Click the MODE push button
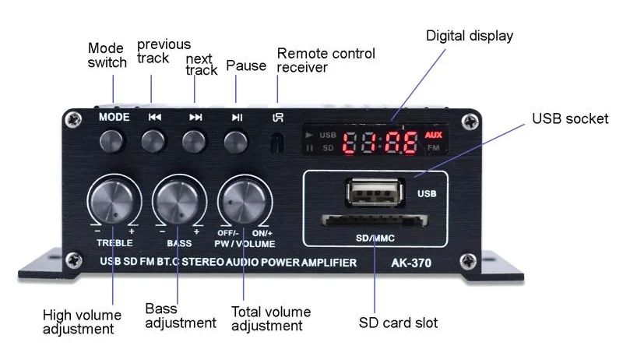(114, 142)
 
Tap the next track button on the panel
(195, 142)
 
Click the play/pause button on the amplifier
(237, 142)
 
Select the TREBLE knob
(114, 202)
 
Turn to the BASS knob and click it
(178, 202)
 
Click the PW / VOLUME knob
(244, 202)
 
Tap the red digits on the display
(381, 142)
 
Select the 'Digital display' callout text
(470, 36)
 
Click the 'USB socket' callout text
(569, 118)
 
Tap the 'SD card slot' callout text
(398, 323)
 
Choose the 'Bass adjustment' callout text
(180, 316)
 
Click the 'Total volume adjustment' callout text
(271, 319)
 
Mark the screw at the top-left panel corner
(72, 120)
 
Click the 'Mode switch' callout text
(107, 55)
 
